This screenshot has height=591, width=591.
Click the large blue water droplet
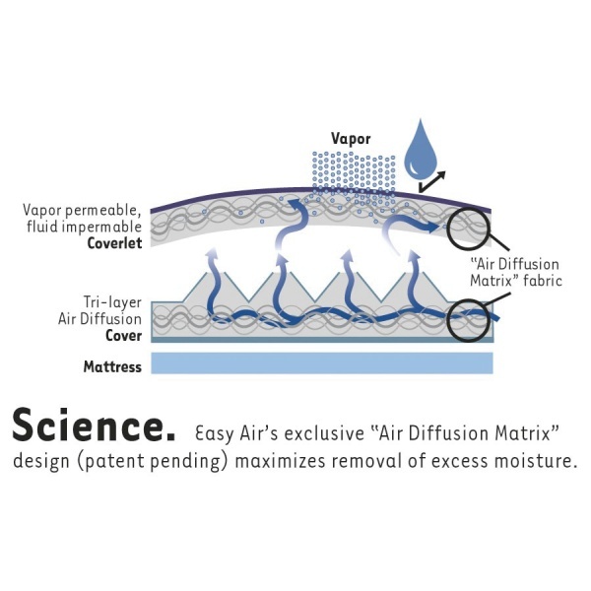pyautogui.click(x=420, y=151)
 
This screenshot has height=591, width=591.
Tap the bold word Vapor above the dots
pyautogui.click(x=351, y=139)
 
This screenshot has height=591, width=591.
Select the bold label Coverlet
pyautogui.click(x=114, y=243)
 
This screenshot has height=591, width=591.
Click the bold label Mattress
pyautogui.click(x=112, y=366)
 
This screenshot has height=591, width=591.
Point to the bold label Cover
pyautogui.click(x=124, y=336)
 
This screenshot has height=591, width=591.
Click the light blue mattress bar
pyautogui.click(x=322, y=362)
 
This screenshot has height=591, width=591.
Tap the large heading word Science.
pyautogui.click(x=95, y=426)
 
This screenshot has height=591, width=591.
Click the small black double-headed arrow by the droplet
pyautogui.click(x=432, y=181)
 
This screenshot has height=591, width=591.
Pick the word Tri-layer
pyautogui.click(x=112, y=302)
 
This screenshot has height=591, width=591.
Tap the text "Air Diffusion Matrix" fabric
pyautogui.click(x=516, y=273)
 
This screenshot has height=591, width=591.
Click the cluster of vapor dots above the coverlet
pyautogui.click(x=354, y=173)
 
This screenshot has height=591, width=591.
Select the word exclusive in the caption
pyautogui.click(x=324, y=433)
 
